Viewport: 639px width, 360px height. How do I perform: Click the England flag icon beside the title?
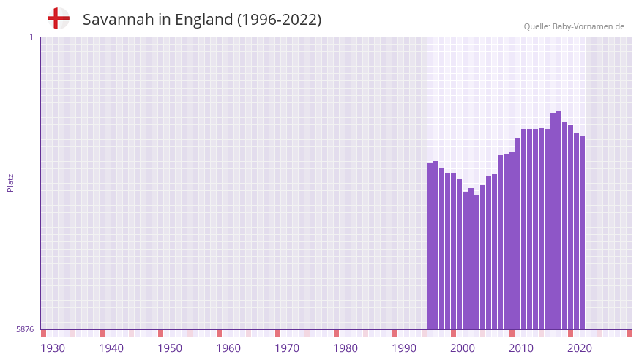pyautogui.click(x=58, y=18)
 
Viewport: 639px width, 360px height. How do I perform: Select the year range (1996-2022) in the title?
pyautogui.click(x=279, y=20)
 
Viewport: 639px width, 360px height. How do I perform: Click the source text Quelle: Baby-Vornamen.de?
pyautogui.click(x=574, y=26)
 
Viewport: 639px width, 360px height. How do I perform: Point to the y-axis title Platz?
pyautogui.click(x=10, y=182)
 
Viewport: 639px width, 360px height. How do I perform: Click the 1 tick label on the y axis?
pyautogui.click(x=31, y=37)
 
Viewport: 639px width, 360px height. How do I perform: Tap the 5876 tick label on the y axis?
pyautogui.click(x=25, y=330)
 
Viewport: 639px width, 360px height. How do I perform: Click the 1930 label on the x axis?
pyautogui.click(x=53, y=348)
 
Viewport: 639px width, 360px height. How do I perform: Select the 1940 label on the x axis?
pyautogui.click(x=111, y=348)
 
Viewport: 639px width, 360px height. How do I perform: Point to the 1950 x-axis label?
pyautogui.click(x=170, y=348)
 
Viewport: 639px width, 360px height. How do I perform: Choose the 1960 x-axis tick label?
pyautogui.click(x=228, y=348)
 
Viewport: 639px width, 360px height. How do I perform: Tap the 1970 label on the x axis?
pyautogui.click(x=287, y=348)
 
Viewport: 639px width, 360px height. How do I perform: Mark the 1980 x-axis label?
pyautogui.click(x=345, y=348)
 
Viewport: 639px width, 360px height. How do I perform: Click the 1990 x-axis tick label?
pyautogui.click(x=404, y=348)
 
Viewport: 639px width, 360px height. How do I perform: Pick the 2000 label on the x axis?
pyautogui.click(x=463, y=348)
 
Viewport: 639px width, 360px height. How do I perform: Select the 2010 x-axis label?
pyautogui.click(x=521, y=348)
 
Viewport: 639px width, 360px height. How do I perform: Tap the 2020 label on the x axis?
pyautogui.click(x=580, y=348)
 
